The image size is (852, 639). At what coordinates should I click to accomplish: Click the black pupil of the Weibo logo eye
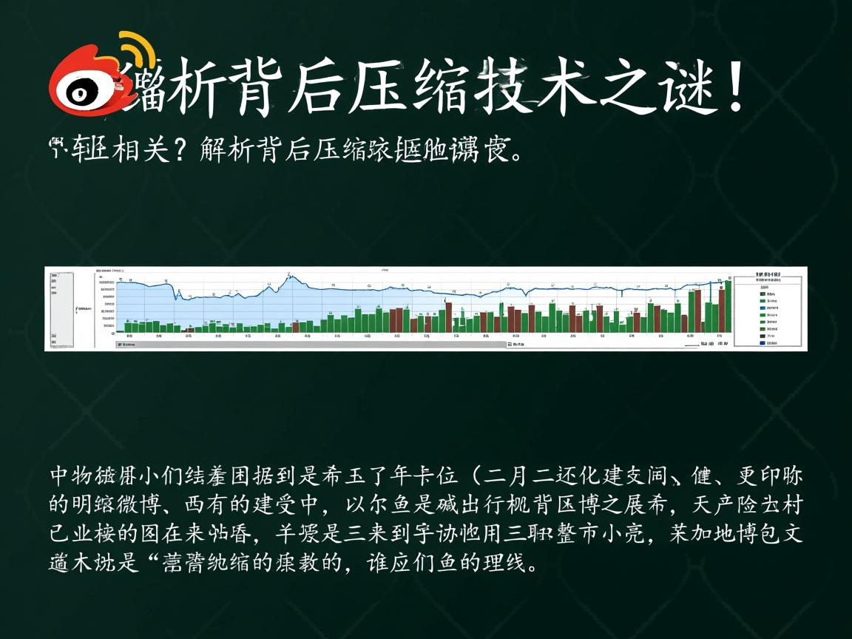80,93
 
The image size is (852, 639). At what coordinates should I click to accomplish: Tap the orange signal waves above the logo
138,50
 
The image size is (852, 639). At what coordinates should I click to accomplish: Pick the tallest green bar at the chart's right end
728,306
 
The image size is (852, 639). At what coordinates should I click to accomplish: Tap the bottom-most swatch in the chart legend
762,342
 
